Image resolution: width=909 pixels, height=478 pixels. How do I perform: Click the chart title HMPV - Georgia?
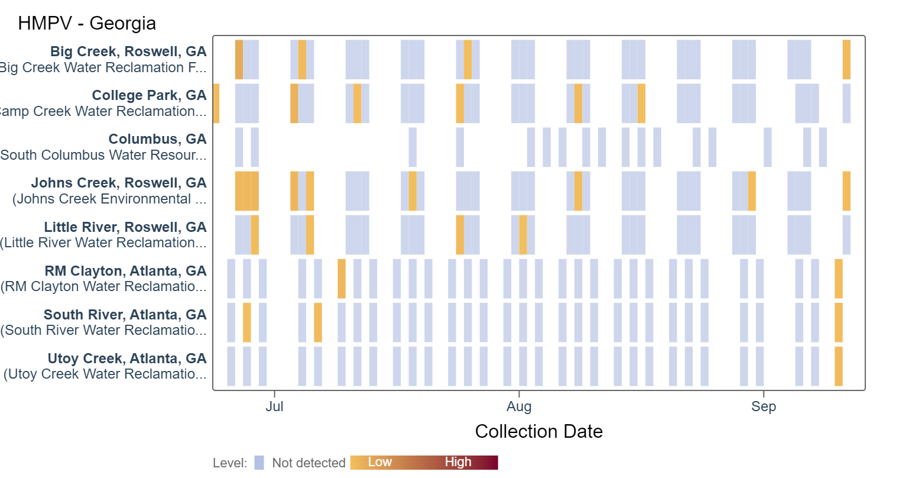coord(87,23)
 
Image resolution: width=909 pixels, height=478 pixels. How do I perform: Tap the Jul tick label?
coord(274,406)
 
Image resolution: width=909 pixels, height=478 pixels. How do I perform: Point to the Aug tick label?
coord(519,406)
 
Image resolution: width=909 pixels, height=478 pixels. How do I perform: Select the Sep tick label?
coord(763,406)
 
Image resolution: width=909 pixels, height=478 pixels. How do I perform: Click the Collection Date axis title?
coord(538,431)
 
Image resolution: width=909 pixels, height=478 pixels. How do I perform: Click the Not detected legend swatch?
coord(259,463)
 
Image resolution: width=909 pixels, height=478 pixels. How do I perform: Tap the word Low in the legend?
coord(379,462)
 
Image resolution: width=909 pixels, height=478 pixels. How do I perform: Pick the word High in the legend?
coord(458,462)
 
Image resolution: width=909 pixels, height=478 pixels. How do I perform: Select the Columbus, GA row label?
coord(157,139)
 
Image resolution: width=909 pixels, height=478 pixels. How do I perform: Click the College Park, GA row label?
coord(149,95)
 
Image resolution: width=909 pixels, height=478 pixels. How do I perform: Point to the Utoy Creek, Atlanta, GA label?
coord(127,358)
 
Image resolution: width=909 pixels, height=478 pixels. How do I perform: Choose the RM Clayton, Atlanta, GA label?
coord(125,271)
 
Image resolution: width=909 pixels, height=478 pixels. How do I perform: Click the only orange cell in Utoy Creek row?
coord(838,366)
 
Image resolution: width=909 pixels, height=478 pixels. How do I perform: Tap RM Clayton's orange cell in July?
coord(342,279)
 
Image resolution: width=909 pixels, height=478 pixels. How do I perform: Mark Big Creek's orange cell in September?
coord(846,59)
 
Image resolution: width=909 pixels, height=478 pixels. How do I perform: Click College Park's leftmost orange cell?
coord(216,104)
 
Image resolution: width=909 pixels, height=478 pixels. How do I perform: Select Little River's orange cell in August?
coord(523,235)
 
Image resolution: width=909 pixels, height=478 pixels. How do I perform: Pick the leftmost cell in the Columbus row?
coord(239,147)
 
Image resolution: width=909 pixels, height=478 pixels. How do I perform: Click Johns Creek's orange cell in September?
coord(846,191)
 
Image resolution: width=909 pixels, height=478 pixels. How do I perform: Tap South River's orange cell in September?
coord(838,322)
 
